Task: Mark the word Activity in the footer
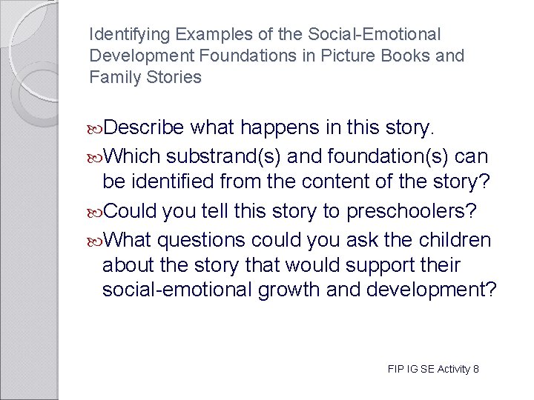point(452,369)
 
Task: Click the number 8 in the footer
point(475,369)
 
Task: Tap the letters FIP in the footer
point(395,369)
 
